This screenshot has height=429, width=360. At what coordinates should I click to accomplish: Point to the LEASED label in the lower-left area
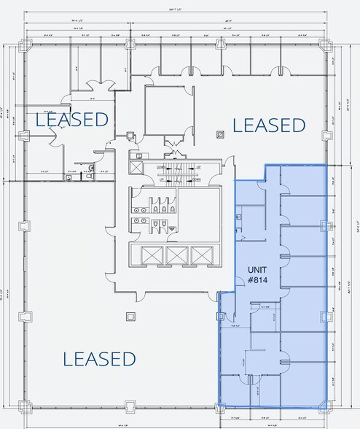99,358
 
